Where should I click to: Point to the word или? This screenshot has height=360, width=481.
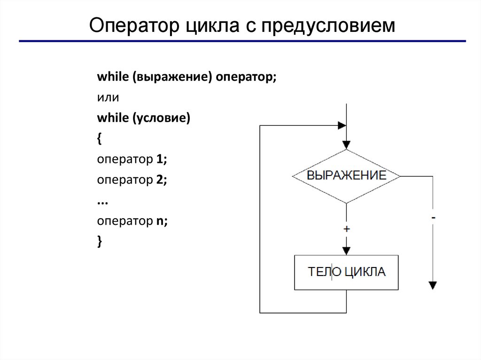pos(108,98)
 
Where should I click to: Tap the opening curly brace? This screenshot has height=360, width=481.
pos(99,139)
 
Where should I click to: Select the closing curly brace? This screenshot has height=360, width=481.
pos(99,240)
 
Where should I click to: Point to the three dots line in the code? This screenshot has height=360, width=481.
pos(102,201)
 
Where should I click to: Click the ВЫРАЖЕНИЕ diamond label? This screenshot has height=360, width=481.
pos(346,176)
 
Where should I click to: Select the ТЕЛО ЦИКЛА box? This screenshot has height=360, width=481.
pos(346,272)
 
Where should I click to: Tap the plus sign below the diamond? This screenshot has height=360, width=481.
pos(346,229)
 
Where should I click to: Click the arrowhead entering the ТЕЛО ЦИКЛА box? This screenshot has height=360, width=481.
pos(346,250)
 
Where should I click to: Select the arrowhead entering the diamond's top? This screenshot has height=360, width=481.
pos(346,145)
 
